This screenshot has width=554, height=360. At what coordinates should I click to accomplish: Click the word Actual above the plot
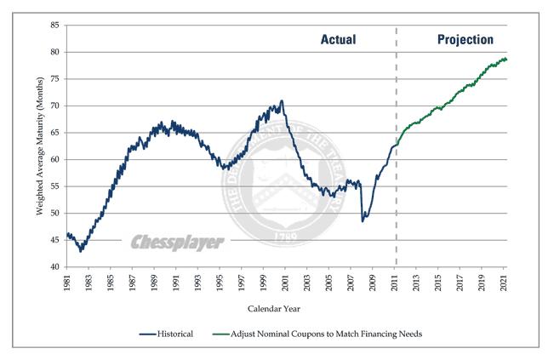(x=338, y=40)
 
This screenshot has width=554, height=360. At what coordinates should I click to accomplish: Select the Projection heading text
(x=465, y=40)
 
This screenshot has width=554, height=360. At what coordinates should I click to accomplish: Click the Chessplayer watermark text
(x=177, y=243)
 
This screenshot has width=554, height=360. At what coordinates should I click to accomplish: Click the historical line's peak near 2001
(x=282, y=100)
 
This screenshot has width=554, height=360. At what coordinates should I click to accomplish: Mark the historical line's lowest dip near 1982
(x=81, y=251)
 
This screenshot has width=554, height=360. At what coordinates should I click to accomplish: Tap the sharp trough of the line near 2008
(x=363, y=221)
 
